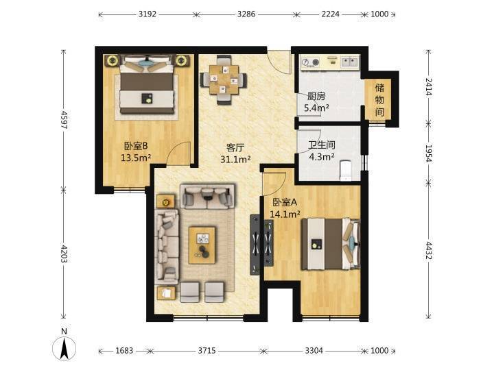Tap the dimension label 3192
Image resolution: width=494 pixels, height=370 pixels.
pos(148,14)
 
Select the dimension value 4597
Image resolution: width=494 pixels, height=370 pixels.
pos(64,120)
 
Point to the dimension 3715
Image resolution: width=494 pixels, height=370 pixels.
pos(207,351)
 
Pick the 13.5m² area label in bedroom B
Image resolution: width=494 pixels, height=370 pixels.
pos(136,158)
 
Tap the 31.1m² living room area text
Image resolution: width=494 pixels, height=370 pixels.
pos(235,159)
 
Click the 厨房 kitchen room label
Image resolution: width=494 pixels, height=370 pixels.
pos(316,97)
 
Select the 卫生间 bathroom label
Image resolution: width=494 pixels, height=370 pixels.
pos(321,145)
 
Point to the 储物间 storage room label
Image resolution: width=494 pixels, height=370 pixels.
pos(379,100)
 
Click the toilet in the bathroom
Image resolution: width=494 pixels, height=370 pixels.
pos(346,171)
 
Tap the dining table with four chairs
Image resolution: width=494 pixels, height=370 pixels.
pos(224,80)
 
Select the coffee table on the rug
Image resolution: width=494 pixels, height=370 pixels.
pos(202,245)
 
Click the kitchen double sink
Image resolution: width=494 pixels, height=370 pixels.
pos(349,61)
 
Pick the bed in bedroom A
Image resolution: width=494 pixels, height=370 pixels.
pos(331,244)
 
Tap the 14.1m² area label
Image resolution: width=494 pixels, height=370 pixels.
pos(285,214)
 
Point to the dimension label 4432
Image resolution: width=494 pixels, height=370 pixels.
pos(429,250)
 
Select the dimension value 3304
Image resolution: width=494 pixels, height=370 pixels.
pos(314,351)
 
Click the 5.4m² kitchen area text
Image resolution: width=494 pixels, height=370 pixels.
pos(316,108)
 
